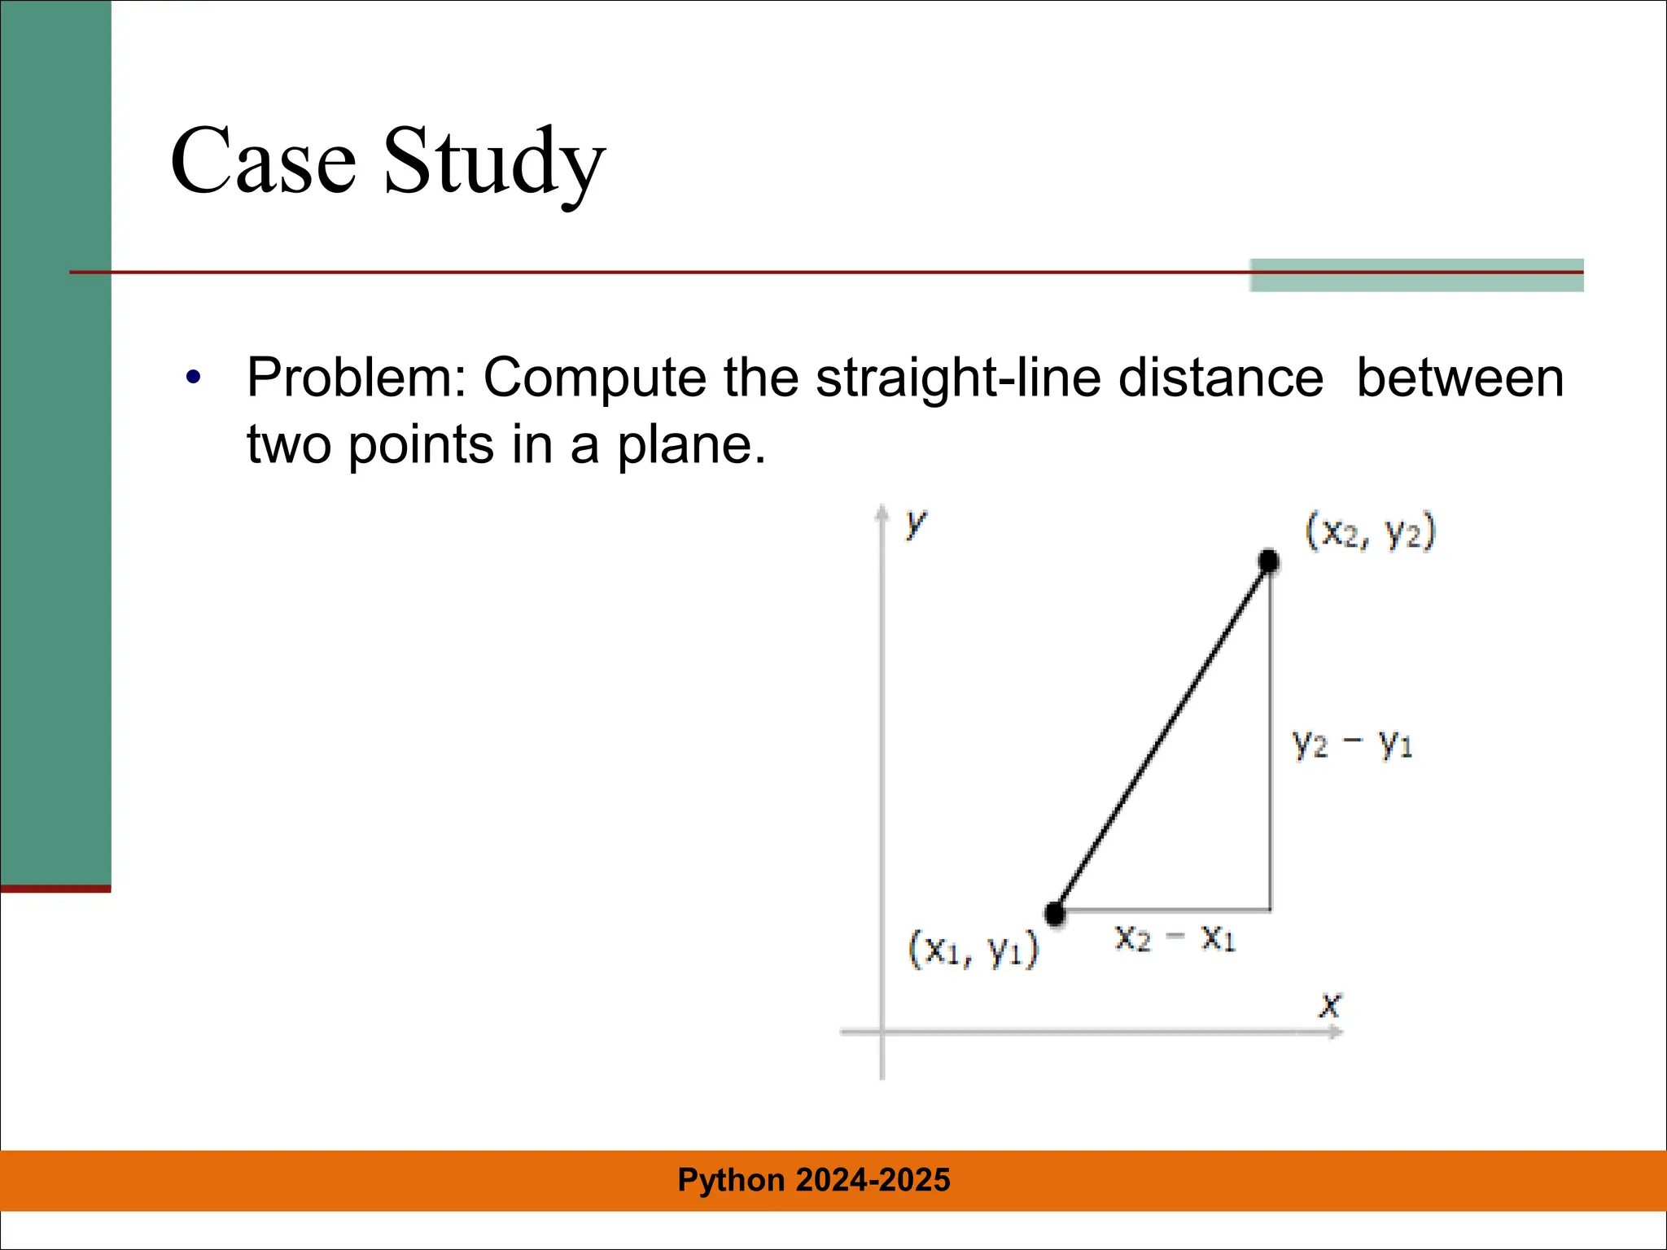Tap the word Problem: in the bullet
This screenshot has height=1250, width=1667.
click(x=356, y=378)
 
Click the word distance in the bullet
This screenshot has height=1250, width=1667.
click(x=1220, y=378)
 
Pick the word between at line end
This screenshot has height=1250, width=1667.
click(x=1459, y=378)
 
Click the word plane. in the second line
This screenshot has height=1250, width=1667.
click(x=691, y=445)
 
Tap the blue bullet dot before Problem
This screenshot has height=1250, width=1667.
click(x=193, y=378)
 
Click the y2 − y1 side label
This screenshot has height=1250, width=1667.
click(x=1352, y=743)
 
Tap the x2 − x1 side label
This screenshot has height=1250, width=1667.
click(x=1175, y=938)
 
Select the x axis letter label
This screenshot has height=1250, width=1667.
click(x=1329, y=1006)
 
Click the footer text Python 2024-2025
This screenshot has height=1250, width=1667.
click(x=814, y=1180)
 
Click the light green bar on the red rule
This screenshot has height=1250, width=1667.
click(x=1416, y=275)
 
